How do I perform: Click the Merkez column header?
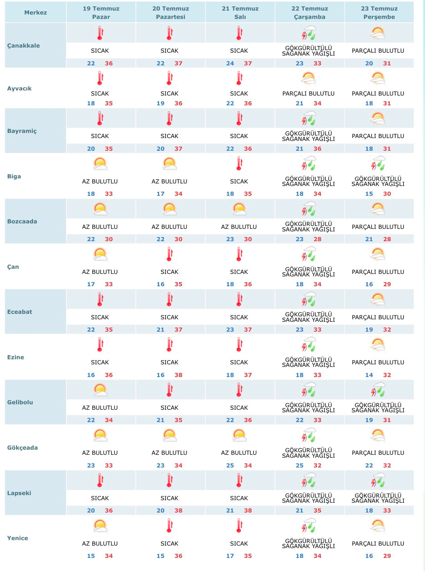[36, 12]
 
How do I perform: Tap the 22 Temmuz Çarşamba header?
[310, 13]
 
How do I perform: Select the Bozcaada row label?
[22, 221]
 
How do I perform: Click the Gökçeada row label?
[23, 448]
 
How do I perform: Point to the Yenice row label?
[17, 538]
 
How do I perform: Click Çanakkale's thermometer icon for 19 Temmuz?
[100, 33]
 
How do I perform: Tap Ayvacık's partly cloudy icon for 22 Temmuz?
[308, 78]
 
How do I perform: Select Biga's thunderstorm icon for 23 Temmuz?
[378, 163]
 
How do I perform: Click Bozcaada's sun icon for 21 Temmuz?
[239, 208]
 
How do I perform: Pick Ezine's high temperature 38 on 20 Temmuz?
[178, 375]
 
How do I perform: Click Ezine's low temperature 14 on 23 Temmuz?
[369, 375]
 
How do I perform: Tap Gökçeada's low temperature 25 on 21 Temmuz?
[230, 465]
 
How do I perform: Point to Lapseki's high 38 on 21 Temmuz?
[248, 510]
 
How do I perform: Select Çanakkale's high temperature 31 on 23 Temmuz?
[387, 63]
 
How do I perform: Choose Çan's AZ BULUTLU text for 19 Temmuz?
[100, 272]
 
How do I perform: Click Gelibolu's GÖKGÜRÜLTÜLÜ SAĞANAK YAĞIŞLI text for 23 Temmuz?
[378, 407]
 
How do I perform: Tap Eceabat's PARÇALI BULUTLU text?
[378, 317]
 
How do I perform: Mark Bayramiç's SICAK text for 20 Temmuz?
[169, 136]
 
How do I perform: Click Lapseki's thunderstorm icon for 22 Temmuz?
[308, 479]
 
